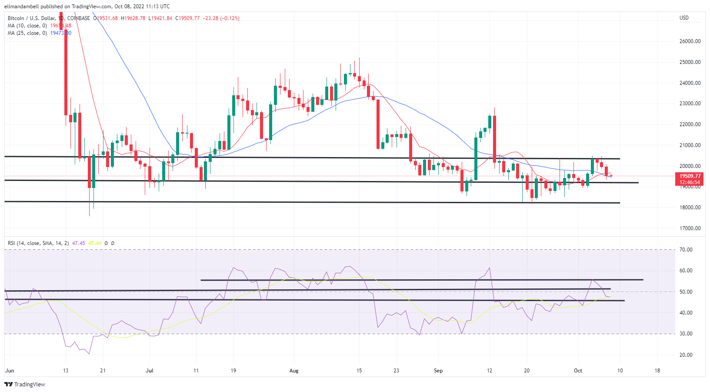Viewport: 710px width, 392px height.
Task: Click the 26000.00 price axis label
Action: click(x=690, y=41)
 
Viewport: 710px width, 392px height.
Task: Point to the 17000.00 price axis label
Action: click(x=690, y=228)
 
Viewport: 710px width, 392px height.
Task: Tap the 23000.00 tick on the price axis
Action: click(x=690, y=104)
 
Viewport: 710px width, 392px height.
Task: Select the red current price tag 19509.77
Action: click(x=690, y=176)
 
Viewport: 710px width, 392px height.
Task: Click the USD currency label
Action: click(x=684, y=18)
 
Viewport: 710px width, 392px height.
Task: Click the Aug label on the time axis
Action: click(x=294, y=371)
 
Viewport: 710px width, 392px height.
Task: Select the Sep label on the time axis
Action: click(x=438, y=371)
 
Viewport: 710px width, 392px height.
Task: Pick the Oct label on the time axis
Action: click(x=578, y=371)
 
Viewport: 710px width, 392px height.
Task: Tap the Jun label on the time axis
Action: click(x=10, y=371)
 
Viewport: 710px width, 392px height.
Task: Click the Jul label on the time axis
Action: click(x=150, y=371)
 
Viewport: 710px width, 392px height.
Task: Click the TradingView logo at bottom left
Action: click(x=25, y=384)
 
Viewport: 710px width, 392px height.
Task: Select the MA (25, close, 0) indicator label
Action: click(x=27, y=33)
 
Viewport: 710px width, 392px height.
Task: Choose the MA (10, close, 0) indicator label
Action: click(x=27, y=26)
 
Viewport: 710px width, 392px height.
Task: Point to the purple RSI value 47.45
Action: click(x=78, y=243)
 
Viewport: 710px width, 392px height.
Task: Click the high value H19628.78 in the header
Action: click(x=133, y=18)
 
